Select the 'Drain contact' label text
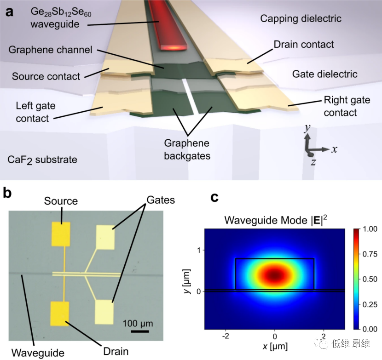click(304, 45)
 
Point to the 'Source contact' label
click(46, 76)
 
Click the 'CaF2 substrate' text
click(42, 160)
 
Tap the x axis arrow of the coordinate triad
click(324, 149)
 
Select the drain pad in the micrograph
click(61, 313)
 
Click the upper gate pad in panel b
click(104, 237)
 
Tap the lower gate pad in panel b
click(104, 312)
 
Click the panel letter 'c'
click(214, 198)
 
